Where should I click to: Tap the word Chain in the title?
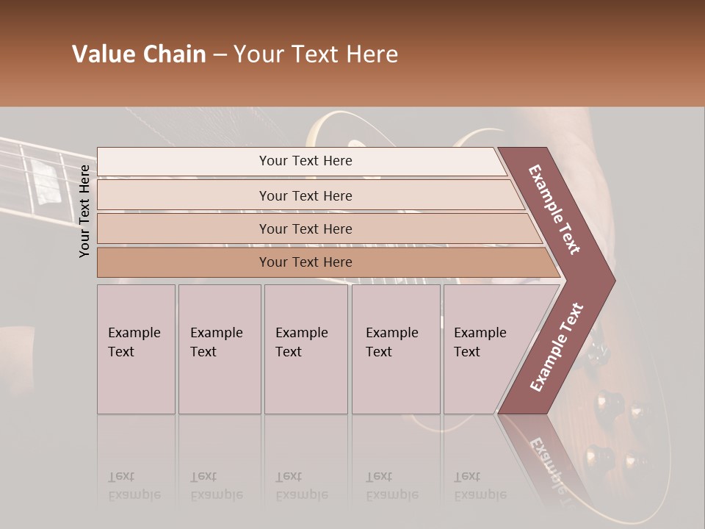click(x=173, y=54)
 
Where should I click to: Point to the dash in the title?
click(x=220, y=55)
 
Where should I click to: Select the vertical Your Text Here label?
click(x=84, y=211)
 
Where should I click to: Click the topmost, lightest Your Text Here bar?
click(x=305, y=161)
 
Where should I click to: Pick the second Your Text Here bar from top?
click(x=305, y=195)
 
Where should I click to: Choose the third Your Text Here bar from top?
click(x=305, y=228)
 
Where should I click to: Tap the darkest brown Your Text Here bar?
click(x=305, y=262)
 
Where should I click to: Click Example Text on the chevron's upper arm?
click(x=555, y=209)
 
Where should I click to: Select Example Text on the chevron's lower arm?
click(x=557, y=348)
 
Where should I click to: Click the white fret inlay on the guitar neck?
click(x=48, y=184)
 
